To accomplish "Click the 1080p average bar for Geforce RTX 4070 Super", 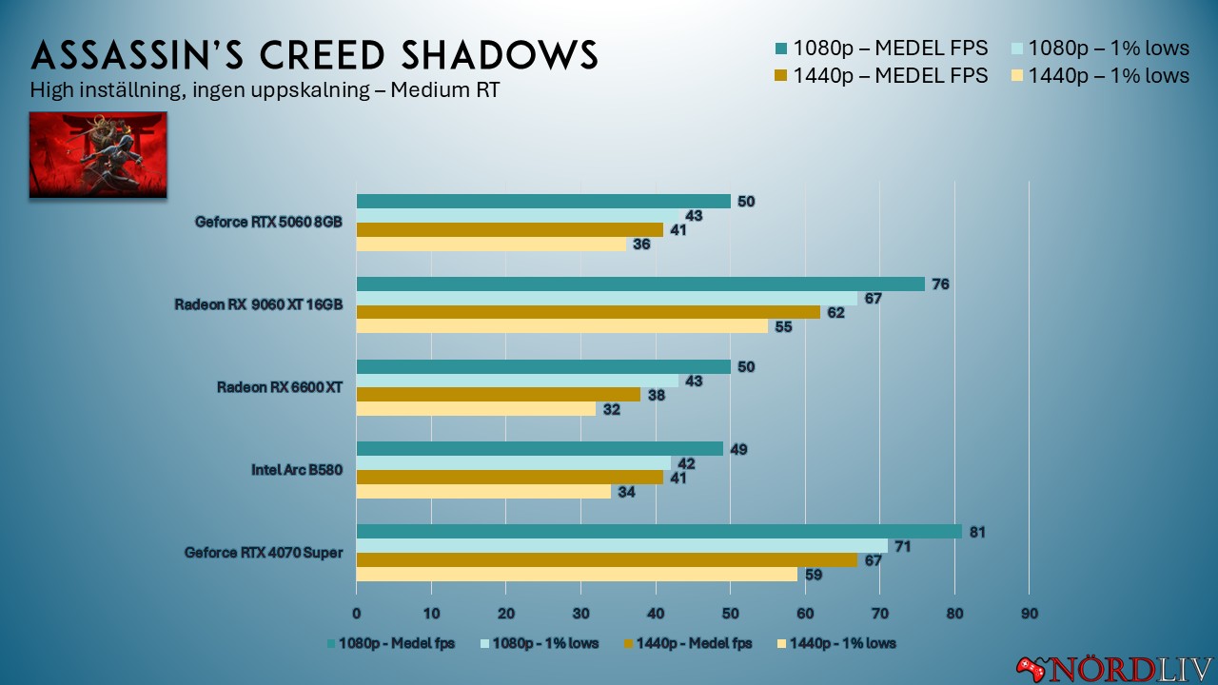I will (658, 532).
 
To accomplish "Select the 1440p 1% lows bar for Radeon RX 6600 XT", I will (476, 409).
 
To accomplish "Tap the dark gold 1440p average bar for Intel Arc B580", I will (509, 478).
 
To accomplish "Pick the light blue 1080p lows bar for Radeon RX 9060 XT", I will (606, 299).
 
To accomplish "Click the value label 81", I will (976, 532).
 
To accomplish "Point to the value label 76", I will (939, 284).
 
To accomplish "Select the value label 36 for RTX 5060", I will (641, 245).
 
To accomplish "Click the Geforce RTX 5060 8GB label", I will (268, 223).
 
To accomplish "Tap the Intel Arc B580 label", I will (296, 470).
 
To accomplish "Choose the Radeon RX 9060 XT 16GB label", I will (258, 304).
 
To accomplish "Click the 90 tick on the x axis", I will (1029, 614).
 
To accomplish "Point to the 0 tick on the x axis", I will (357, 614).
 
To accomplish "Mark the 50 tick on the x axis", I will (730, 614).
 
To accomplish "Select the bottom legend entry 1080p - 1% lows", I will (539, 644).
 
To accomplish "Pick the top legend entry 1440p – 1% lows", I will (1103, 75).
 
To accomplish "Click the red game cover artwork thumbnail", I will (98, 154).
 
